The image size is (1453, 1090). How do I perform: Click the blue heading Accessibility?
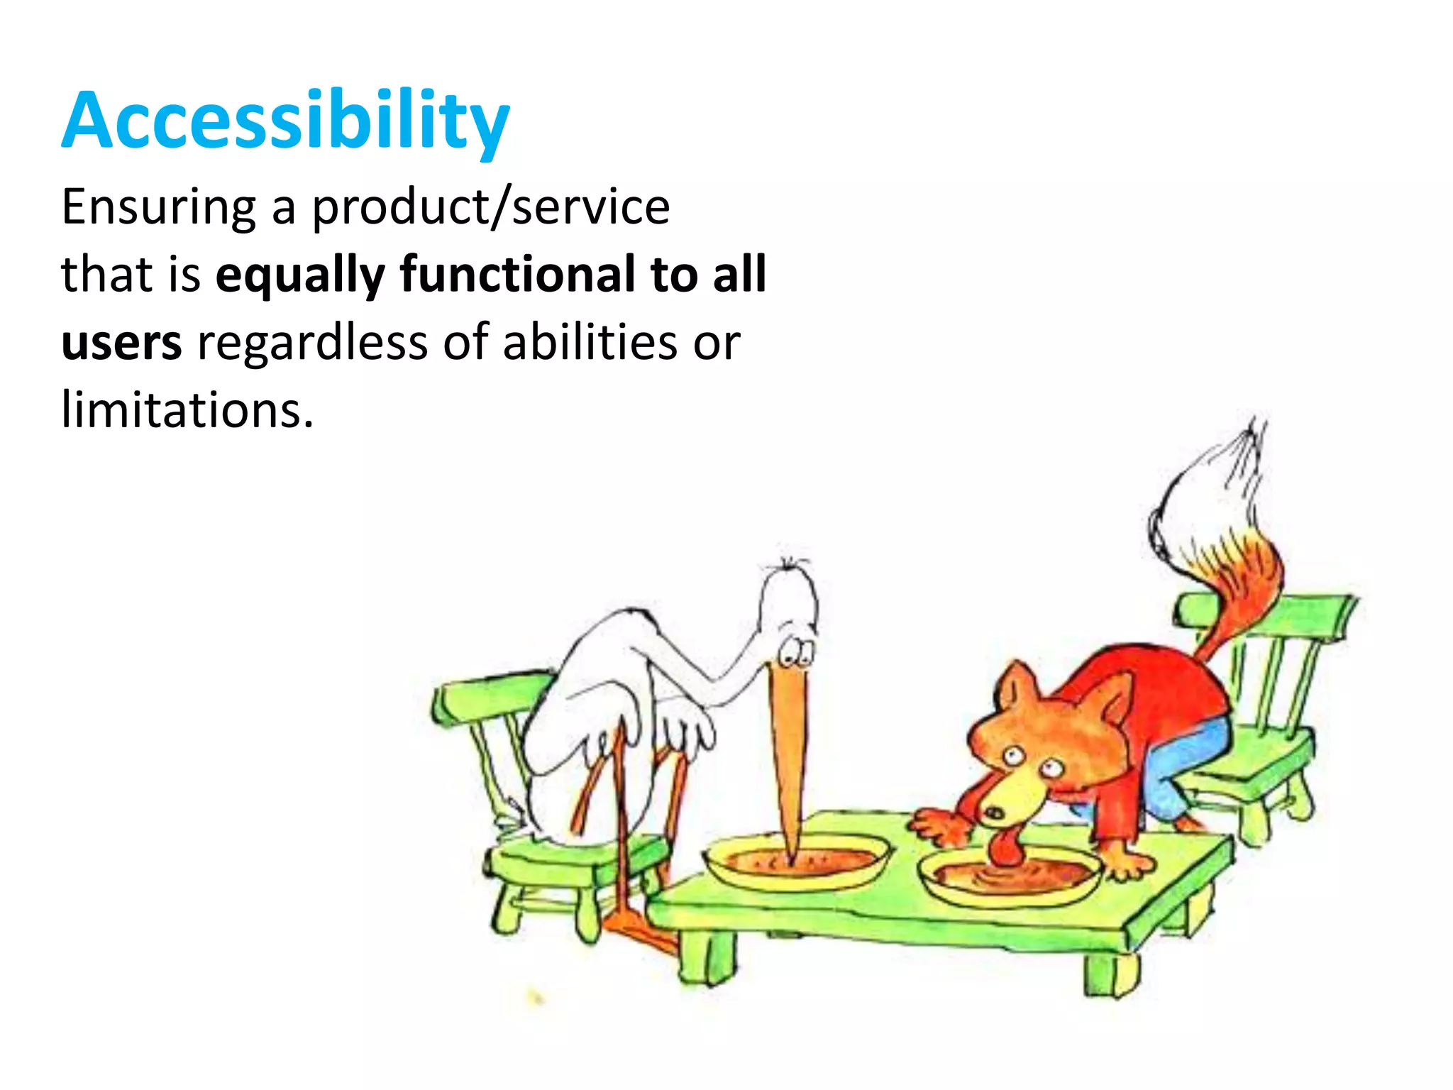[285, 121]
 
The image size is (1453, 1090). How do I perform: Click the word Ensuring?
[158, 207]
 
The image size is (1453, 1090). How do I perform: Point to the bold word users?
[121, 343]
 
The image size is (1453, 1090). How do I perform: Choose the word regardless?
[312, 343]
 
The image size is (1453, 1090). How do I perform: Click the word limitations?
[187, 410]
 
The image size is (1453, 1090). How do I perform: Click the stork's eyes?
[796, 651]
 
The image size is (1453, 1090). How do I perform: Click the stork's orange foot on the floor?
[639, 930]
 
